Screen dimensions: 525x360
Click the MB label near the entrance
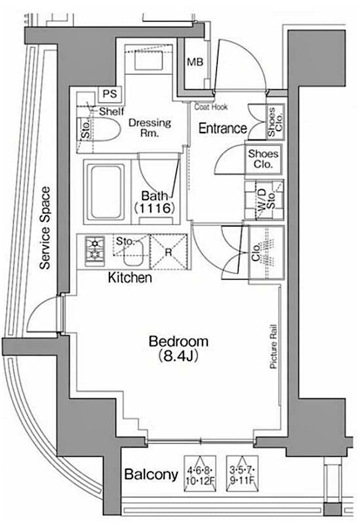(x=195, y=63)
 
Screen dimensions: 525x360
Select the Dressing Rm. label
(x=150, y=127)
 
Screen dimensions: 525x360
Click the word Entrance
(x=222, y=129)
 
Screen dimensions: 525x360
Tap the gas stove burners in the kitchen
(x=94, y=249)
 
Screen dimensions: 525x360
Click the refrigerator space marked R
(x=169, y=251)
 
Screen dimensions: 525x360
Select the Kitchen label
(x=130, y=278)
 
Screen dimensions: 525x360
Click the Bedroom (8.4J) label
(x=178, y=348)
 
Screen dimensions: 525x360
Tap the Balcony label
(x=151, y=474)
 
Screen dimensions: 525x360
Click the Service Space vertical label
(x=45, y=228)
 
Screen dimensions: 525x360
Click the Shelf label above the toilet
(x=111, y=112)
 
